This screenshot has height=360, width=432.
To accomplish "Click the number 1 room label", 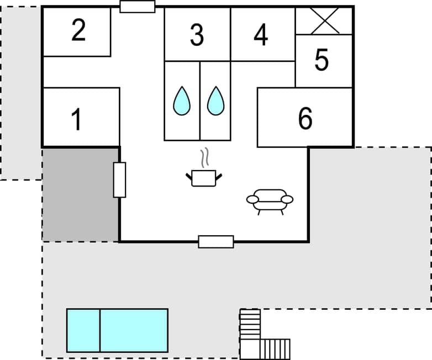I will coord(77,119).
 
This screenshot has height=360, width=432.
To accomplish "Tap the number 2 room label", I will coord(78,31).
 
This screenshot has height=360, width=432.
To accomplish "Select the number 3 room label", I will coord(197,35).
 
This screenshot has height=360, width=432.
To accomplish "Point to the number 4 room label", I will coord(261,35).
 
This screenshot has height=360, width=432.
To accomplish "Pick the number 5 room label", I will coord(322,60).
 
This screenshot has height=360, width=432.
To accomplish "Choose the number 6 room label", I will coord(305,119).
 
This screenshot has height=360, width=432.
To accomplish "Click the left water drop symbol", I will coord(182,102).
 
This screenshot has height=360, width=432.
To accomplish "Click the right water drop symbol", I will coord(215,102).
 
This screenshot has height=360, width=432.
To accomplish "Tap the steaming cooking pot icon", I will coord(204,178).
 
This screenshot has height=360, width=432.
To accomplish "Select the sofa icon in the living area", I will coord(270,200).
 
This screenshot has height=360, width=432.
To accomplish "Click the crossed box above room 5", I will coord(324,21).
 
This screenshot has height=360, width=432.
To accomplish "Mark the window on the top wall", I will coord(138,7).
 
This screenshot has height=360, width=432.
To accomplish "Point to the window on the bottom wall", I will coord(216,241).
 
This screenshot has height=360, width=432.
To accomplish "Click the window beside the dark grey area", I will coord(119,179).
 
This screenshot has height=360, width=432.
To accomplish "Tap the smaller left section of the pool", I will coord(83,330).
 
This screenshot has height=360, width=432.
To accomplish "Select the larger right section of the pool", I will coord(134,330).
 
